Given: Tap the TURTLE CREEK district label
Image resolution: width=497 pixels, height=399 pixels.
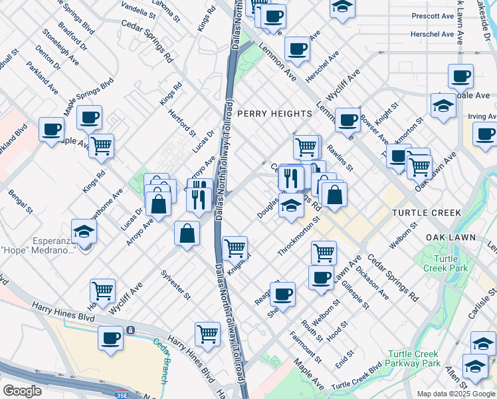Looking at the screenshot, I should [426, 213].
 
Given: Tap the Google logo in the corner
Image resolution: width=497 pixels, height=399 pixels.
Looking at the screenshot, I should [23, 390].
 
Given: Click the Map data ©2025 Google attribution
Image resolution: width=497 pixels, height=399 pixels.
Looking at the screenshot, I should [456, 394].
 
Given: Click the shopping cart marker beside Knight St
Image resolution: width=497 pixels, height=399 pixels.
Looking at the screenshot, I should [235, 248].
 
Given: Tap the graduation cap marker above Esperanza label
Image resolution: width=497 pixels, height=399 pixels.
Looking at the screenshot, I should [84, 231].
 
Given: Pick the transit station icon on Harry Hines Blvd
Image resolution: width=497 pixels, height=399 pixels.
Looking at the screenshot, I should [131, 329].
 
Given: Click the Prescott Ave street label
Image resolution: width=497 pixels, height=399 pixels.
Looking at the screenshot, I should [433, 15].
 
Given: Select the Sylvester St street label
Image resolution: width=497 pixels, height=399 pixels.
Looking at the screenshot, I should [175, 285].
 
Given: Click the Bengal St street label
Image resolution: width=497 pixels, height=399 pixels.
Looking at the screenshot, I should [20, 202].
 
